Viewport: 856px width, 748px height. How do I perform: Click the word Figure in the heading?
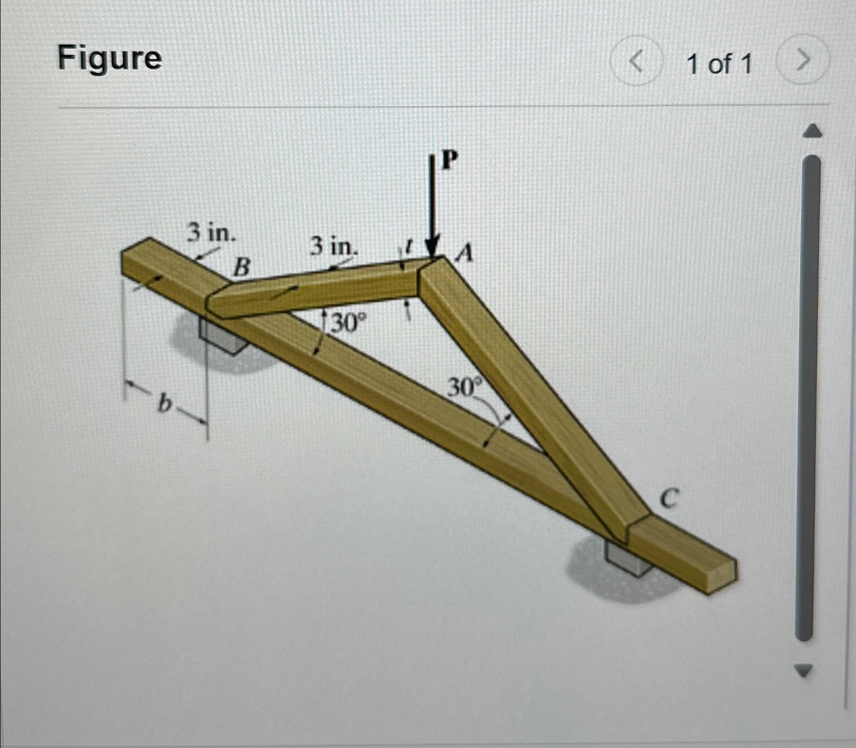coord(110,58)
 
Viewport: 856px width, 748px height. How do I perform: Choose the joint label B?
coord(242,267)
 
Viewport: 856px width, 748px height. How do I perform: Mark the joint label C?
coord(669,498)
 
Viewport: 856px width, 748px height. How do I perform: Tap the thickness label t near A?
coord(408,248)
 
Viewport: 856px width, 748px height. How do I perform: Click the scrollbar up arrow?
coord(812,132)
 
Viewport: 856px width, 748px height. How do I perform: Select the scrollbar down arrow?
coord(804,670)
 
